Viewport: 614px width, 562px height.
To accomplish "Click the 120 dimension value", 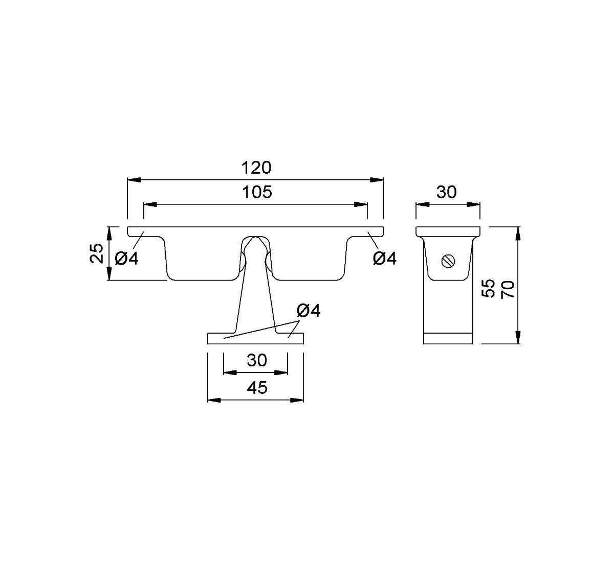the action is pos(256,168).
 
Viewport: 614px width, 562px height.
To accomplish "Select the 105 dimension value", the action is pos(257,192).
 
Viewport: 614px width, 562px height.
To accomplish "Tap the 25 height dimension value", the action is pos(96,253).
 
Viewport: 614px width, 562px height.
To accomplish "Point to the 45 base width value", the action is pos(257,388).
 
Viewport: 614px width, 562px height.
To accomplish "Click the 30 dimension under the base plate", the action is pos(257,360).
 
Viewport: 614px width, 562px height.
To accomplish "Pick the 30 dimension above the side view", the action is pos(447,192).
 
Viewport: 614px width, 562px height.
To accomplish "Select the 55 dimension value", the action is pos(489,288).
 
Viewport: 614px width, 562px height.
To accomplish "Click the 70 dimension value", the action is pos(508,290).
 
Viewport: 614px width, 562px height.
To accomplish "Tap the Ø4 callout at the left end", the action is pos(126,259).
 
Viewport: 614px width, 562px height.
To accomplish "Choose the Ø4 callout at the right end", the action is pos(385,259).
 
